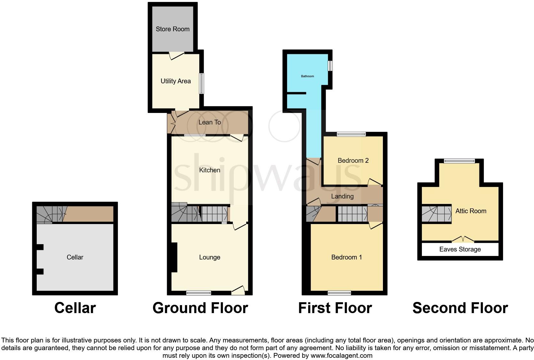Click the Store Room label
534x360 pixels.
click(x=172, y=29)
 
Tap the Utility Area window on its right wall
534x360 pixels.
click(x=201, y=84)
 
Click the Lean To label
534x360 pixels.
click(x=210, y=122)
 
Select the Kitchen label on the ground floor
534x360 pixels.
click(x=210, y=170)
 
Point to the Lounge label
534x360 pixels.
click(x=210, y=257)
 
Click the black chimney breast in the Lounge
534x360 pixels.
click(x=174, y=258)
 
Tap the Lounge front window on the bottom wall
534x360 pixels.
click(x=199, y=293)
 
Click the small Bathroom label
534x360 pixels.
click(x=307, y=76)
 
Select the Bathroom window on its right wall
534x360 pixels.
click(x=331, y=66)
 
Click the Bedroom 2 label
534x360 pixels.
click(x=353, y=161)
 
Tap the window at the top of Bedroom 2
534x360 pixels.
click(x=351, y=134)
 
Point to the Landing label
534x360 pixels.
click(x=342, y=196)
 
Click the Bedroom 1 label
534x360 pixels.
click(x=347, y=257)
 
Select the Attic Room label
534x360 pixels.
click(x=470, y=211)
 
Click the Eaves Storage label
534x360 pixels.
click(x=460, y=250)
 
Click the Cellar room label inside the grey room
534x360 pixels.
click(x=75, y=257)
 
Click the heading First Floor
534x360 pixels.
click(x=335, y=308)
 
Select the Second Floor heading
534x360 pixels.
click(x=460, y=308)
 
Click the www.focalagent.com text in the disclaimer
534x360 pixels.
click(x=341, y=356)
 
